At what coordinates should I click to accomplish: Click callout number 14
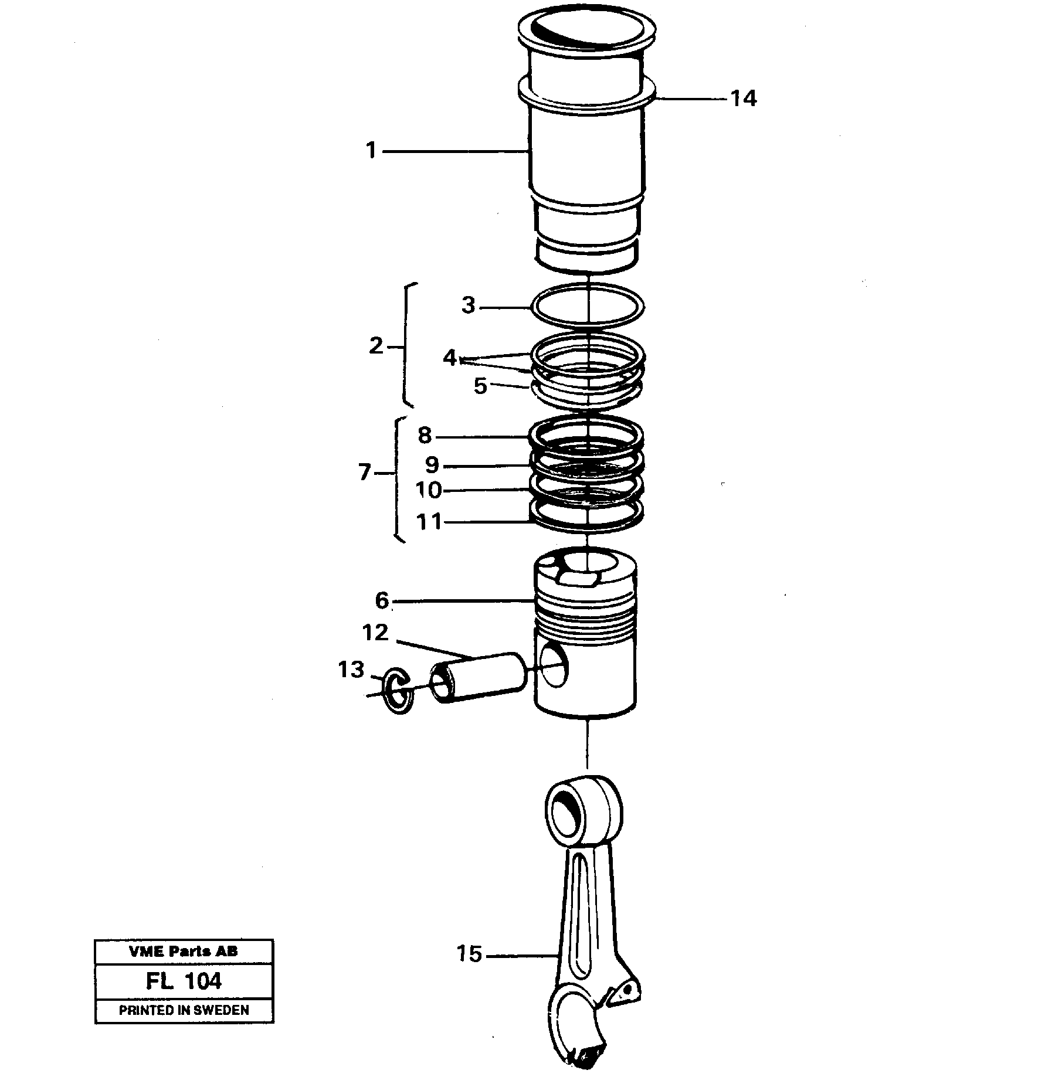click(743, 98)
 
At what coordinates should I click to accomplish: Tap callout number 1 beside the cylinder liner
click(371, 151)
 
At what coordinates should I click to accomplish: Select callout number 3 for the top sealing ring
click(467, 305)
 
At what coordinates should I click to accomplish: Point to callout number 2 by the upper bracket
click(376, 346)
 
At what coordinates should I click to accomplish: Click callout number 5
click(480, 386)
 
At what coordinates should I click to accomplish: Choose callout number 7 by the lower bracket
click(365, 472)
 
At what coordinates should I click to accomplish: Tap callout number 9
click(432, 465)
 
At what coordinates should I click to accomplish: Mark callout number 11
click(428, 521)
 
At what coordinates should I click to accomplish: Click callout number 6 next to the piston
click(382, 600)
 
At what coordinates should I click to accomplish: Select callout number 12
click(375, 633)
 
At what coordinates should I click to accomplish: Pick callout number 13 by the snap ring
click(351, 669)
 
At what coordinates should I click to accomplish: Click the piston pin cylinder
click(478, 677)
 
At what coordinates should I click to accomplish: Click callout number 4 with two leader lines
click(450, 357)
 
